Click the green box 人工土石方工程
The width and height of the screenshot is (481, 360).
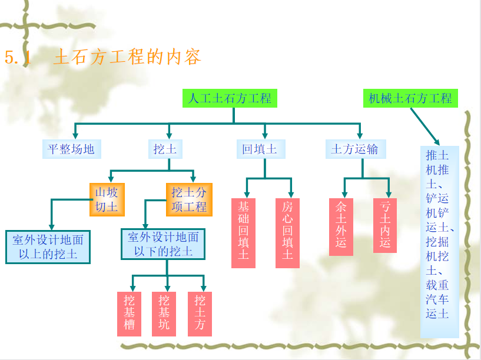(x=230, y=98)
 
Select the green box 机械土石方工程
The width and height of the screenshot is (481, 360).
(x=410, y=98)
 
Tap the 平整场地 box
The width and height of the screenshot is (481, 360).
(x=72, y=149)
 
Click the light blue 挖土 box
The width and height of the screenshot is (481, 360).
(x=165, y=149)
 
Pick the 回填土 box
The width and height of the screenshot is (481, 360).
(x=261, y=149)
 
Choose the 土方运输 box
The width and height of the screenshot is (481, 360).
(x=356, y=149)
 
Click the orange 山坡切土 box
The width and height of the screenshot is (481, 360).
(x=107, y=200)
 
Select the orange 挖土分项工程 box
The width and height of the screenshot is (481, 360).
(x=189, y=200)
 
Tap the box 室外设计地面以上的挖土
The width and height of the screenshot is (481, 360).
(x=48, y=247)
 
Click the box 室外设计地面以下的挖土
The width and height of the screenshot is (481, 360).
(x=163, y=244)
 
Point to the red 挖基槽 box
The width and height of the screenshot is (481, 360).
(x=129, y=314)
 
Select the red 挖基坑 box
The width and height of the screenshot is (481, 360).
(x=164, y=314)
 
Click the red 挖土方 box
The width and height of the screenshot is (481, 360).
(x=200, y=314)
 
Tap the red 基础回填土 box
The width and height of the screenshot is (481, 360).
(x=243, y=233)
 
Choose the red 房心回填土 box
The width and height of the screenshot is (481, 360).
(x=287, y=233)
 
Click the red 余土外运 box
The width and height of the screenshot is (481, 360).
(x=341, y=227)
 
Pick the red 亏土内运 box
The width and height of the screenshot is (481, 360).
(x=385, y=225)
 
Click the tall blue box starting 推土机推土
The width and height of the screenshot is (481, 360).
(x=440, y=242)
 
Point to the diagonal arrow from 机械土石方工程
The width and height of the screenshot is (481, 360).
(x=425, y=126)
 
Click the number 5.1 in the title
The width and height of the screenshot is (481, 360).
(x=18, y=58)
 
